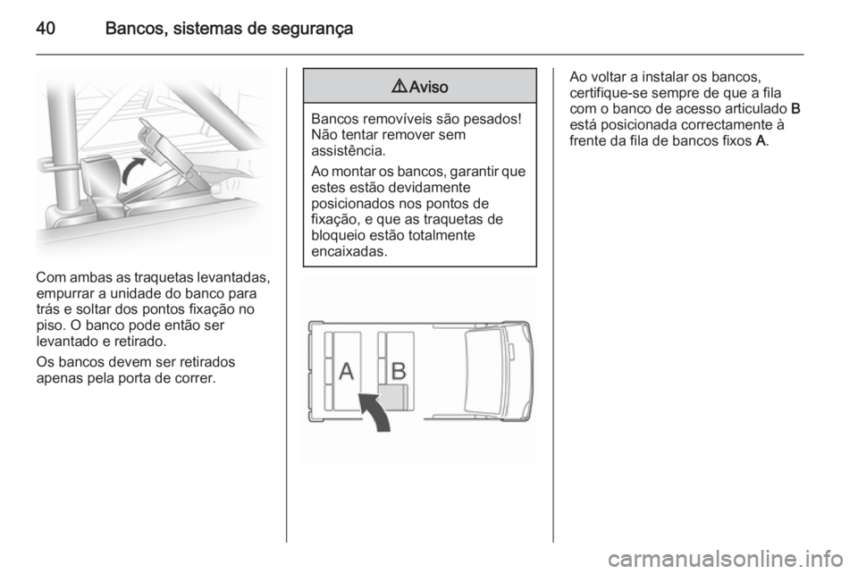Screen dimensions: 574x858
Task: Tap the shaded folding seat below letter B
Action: [x=393, y=399]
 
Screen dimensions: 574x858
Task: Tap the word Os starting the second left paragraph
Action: [x=43, y=360]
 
